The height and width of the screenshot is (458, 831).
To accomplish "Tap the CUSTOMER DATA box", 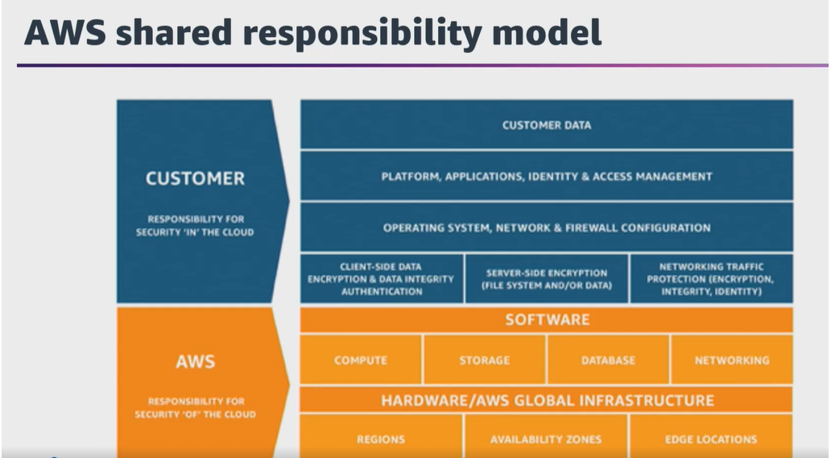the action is [547, 125].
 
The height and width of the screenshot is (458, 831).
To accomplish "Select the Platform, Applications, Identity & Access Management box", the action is [547, 177].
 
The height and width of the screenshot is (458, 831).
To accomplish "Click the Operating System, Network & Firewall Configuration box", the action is [547, 227].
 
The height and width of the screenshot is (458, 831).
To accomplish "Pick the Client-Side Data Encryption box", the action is [382, 279].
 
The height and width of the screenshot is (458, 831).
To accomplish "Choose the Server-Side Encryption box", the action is [547, 279].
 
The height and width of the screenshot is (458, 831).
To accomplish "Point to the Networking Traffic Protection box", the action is [711, 279].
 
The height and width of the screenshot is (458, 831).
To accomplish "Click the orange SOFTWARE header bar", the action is [547, 319].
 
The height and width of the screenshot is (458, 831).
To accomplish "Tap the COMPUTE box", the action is [361, 360].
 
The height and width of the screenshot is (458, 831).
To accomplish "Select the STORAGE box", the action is [485, 360].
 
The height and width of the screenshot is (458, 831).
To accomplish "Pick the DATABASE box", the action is [608, 360].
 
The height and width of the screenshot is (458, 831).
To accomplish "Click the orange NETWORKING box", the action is [732, 360].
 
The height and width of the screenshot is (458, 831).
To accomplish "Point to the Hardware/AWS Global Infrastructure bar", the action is [547, 400].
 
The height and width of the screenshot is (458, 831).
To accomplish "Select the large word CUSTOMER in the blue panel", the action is [195, 178].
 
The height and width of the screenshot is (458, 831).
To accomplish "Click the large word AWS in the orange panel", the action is [195, 361].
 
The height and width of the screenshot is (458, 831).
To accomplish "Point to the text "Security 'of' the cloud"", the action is [195, 414].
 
